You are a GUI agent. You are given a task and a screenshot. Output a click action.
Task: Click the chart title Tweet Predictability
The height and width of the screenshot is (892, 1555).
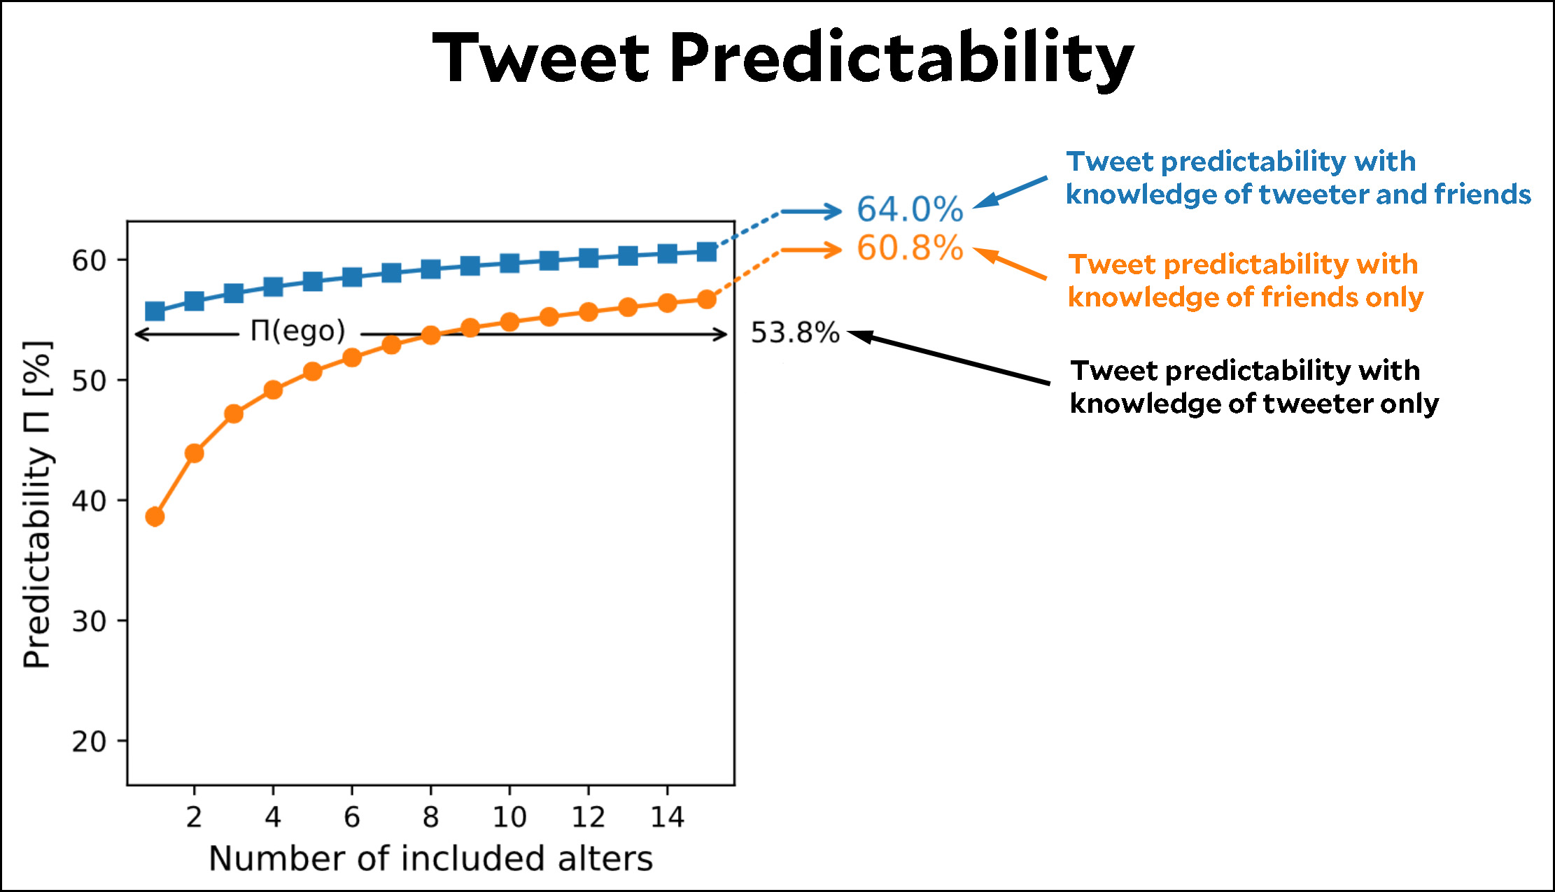click(x=783, y=58)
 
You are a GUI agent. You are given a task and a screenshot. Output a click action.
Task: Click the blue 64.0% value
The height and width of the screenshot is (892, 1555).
click(x=910, y=209)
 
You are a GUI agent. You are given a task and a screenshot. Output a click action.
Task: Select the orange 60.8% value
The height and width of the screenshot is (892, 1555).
click(x=910, y=248)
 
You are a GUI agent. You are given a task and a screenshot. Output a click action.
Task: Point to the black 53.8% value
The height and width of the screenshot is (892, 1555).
click(x=794, y=333)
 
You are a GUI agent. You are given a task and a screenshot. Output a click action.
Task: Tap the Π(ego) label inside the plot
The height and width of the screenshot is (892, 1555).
click(x=298, y=331)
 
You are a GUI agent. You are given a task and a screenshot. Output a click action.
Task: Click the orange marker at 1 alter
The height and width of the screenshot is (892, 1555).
click(x=155, y=517)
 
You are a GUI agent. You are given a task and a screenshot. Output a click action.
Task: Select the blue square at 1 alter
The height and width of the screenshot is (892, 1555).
click(x=155, y=311)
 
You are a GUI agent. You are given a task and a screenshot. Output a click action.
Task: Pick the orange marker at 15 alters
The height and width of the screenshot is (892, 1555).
click(x=707, y=299)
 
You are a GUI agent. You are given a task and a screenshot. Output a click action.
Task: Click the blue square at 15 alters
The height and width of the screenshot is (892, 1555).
click(x=707, y=252)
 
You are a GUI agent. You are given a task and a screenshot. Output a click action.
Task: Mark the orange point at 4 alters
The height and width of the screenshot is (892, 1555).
click(x=273, y=390)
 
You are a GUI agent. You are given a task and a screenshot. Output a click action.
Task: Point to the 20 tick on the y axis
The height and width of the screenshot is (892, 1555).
click(x=89, y=742)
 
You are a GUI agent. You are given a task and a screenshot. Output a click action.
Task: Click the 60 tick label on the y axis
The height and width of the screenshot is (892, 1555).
click(x=89, y=261)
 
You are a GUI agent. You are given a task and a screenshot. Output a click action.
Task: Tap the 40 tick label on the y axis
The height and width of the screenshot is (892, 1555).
click(x=89, y=501)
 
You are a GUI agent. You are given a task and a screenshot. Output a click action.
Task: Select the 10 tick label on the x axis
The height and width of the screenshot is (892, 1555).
click(x=509, y=817)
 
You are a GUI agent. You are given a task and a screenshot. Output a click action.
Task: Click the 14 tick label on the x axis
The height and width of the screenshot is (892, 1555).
click(x=667, y=817)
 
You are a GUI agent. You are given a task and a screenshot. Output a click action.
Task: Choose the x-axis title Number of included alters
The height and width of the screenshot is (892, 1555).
click(x=430, y=858)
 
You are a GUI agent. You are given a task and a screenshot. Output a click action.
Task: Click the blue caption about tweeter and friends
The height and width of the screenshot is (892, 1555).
click(x=1298, y=178)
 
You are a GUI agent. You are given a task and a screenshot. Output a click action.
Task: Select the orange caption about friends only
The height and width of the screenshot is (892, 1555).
click(x=1246, y=281)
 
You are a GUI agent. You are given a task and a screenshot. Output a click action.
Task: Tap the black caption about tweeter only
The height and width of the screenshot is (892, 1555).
click(x=1254, y=387)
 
